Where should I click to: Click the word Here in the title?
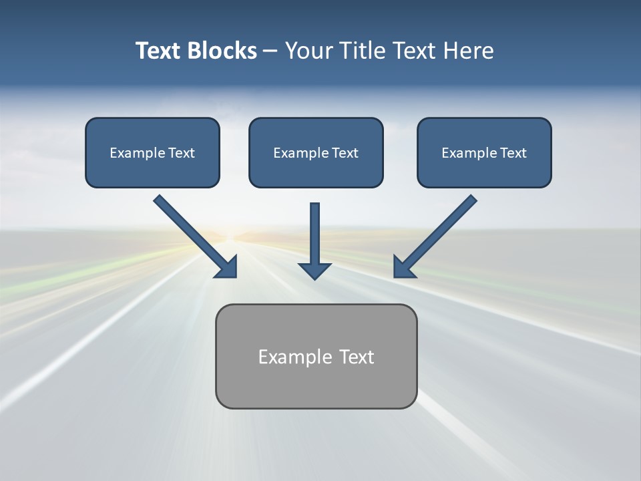pyautogui.click(x=467, y=51)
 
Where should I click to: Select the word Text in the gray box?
pyautogui.click(x=357, y=357)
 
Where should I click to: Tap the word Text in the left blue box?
pyautogui.click(x=181, y=153)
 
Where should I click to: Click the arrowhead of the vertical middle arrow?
pyautogui.click(x=314, y=271)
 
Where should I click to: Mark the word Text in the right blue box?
pyautogui.click(x=513, y=153)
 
